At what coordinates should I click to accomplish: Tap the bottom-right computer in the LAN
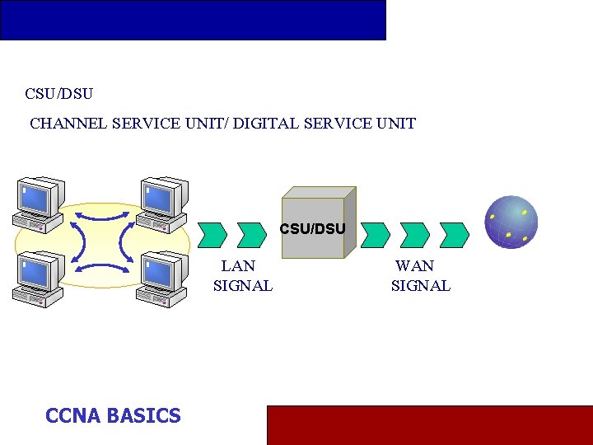[163, 280]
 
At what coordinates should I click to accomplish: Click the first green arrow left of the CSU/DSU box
[213, 235]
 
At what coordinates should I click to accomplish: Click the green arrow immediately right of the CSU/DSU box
[376, 235]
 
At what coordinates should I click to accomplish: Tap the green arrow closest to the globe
[454, 235]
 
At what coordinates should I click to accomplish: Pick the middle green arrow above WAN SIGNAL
[414, 235]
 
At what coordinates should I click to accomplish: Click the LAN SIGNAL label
[242, 276]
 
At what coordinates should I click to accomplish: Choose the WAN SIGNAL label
[420, 276]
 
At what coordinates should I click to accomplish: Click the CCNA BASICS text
[113, 415]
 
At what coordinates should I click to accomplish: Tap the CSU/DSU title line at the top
[58, 94]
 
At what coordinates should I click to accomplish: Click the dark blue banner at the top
[193, 20]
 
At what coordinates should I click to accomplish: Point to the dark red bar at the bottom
[429, 424]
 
